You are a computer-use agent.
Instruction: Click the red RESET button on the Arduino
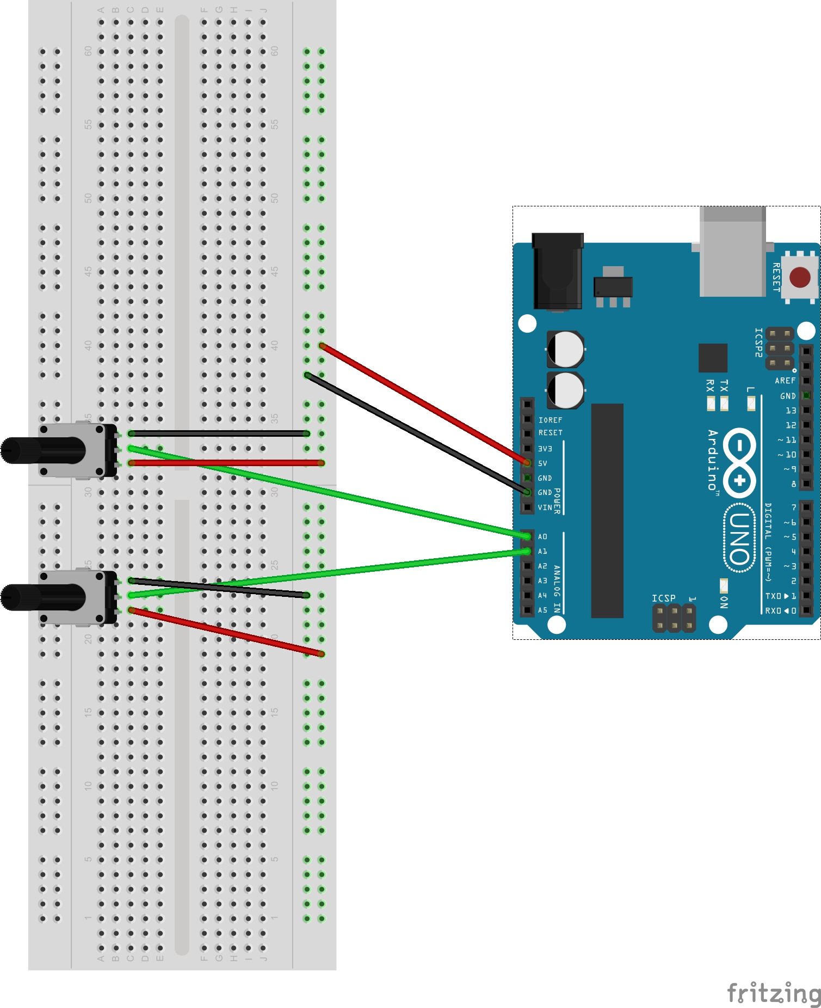[x=799, y=277]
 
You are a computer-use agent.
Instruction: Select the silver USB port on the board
[x=732, y=253]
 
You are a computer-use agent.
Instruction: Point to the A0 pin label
[x=542, y=537]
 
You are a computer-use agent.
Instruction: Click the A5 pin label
[x=542, y=610]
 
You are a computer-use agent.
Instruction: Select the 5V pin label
[x=542, y=463]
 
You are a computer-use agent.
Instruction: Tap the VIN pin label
[x=545, y=508]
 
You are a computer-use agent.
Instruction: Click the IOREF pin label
[x=550, y=420]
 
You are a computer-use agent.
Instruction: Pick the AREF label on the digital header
[x=785, y=381]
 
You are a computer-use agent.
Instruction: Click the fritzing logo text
[x=773, y=993]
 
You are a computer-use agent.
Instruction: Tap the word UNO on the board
[x=740, y=539]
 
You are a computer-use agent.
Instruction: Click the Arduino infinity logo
[x=739, y=462]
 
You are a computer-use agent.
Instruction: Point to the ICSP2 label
[x=758, y=343]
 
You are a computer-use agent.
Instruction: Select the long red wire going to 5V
[x=424, y=404]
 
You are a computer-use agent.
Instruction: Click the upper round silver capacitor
[x=565, y=349]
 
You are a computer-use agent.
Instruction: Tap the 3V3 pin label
[x=545, y=449]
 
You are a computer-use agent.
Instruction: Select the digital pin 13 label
[x=791, y=411]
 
